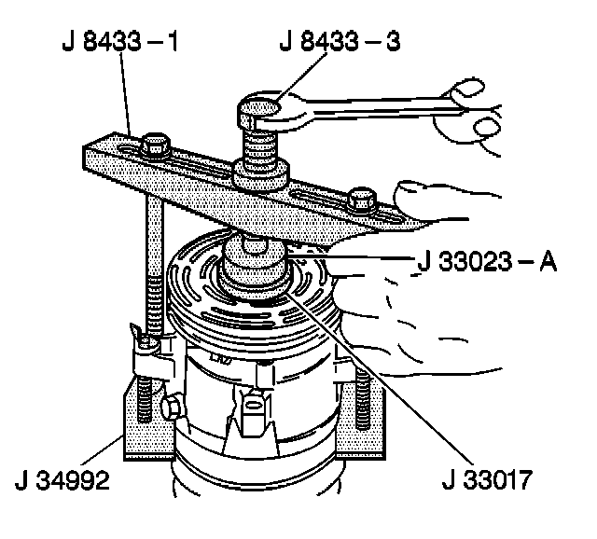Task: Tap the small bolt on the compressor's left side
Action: click(x=174, y=405)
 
